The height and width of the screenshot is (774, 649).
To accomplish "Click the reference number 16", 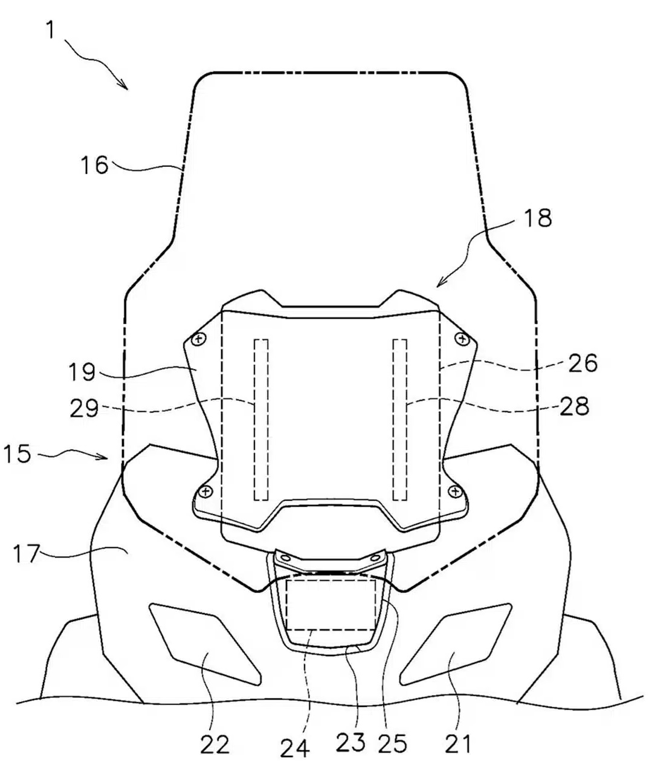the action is point(94,165).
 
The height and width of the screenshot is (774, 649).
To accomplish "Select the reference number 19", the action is point(82,372).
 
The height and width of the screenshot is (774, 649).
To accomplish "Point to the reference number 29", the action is point(85,408).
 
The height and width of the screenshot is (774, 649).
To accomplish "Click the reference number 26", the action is point(583,363).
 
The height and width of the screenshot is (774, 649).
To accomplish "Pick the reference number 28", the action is point(574,406).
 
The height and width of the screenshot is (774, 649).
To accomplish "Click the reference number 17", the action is point(26,553).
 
